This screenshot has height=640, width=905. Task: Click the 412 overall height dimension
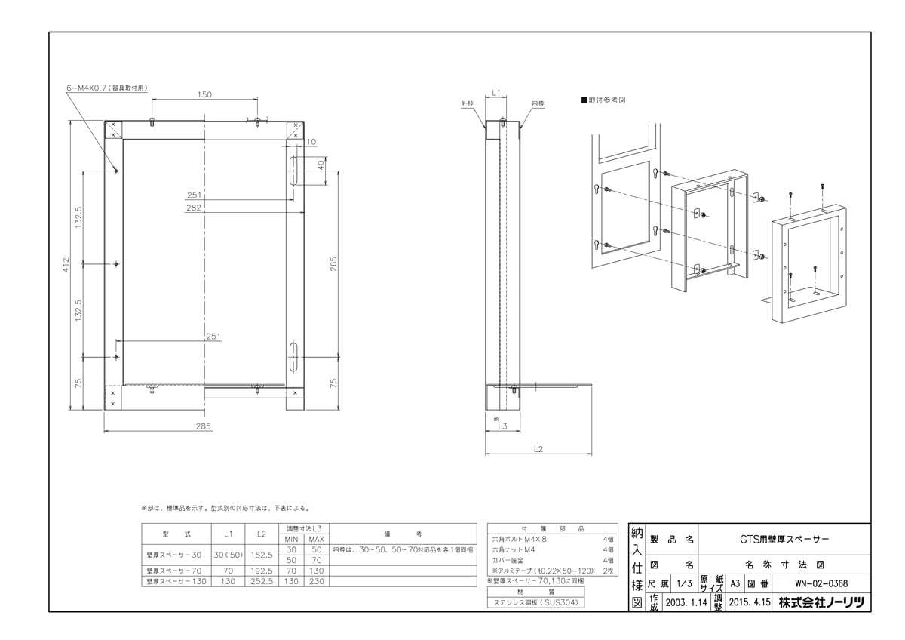[x=66, y=265]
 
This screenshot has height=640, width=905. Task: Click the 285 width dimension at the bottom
[x=203, y=426]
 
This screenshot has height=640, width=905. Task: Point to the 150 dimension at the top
[x=204, y=94]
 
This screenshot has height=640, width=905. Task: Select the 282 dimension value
[x=194, y=208]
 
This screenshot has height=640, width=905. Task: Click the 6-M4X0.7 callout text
[x=106, y=88]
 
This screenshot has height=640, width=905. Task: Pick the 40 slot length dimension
[x=321, y=163]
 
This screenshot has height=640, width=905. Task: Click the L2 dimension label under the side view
[x=538, y=450]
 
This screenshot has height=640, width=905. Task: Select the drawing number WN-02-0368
[x=821, y=583]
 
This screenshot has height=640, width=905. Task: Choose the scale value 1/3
[x=685, y=583]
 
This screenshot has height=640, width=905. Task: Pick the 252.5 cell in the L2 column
[x=261, y=582]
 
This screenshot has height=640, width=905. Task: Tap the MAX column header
[x=316, y=539]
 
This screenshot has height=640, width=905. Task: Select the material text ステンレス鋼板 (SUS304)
[x=535, y=603]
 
